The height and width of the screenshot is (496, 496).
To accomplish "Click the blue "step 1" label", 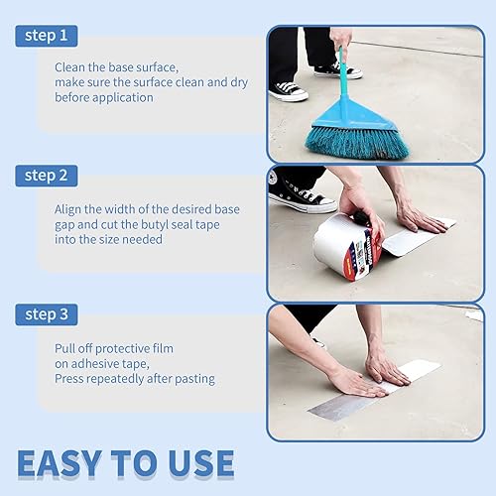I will tap(47, 37).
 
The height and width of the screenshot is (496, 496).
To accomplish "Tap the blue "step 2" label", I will tap(47, 176).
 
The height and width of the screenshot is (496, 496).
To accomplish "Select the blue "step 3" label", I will tap(47, 315).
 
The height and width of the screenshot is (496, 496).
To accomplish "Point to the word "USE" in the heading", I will tap(194, 464).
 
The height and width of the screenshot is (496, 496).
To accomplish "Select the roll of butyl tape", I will tap(346, 246).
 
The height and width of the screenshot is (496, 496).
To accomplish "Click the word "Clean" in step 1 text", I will tap(71, 66).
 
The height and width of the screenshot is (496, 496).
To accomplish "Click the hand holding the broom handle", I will tap(340, 40).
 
